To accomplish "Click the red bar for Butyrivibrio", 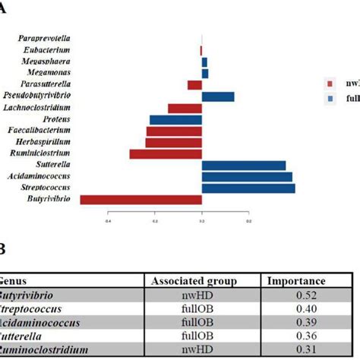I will [x=141, y=200].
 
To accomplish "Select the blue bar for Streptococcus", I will [x=248, y=188].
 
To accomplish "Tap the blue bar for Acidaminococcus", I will [x=247, y=177].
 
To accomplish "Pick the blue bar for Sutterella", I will [x=243, y=166].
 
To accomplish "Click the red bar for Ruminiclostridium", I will [x=166, y=154].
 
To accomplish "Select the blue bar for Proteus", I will [x=175, y=120].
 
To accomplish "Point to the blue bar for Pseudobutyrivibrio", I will [x=218, y=96].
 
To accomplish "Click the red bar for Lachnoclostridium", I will [x=185, y=109].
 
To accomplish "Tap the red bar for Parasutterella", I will [x=194, y=85].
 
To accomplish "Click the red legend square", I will [x=328, y=84].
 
